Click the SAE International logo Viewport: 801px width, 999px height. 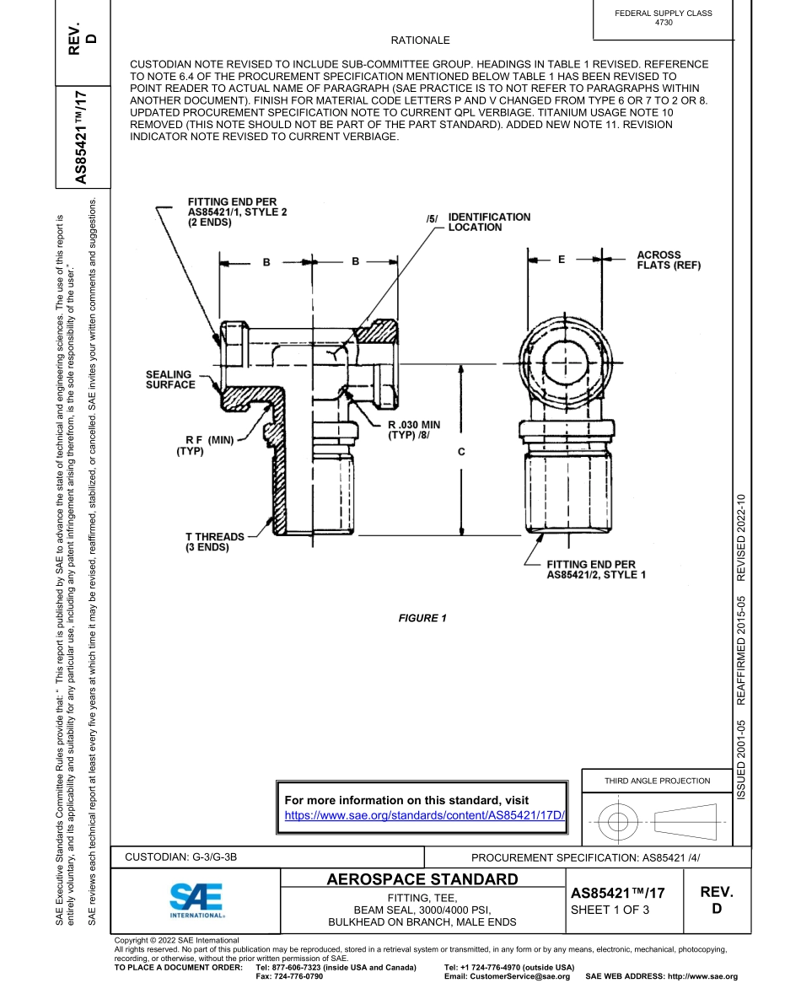[196, 900]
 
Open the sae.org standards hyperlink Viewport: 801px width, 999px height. [424, 815]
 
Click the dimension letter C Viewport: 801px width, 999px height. [461, 452]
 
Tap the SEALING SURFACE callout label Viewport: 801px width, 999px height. [170, 379]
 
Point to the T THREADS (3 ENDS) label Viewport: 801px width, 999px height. [215, 542]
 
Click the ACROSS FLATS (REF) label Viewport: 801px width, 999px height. [669, 260]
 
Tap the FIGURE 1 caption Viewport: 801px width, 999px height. [422, 618]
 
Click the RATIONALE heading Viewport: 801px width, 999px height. [420, 40]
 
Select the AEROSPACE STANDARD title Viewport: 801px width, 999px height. [422, 880]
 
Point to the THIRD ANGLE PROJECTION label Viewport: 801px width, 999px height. [657, 781]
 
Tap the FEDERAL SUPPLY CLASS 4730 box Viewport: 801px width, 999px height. [663, 18]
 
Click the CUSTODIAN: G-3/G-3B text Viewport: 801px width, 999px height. [181, 857]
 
